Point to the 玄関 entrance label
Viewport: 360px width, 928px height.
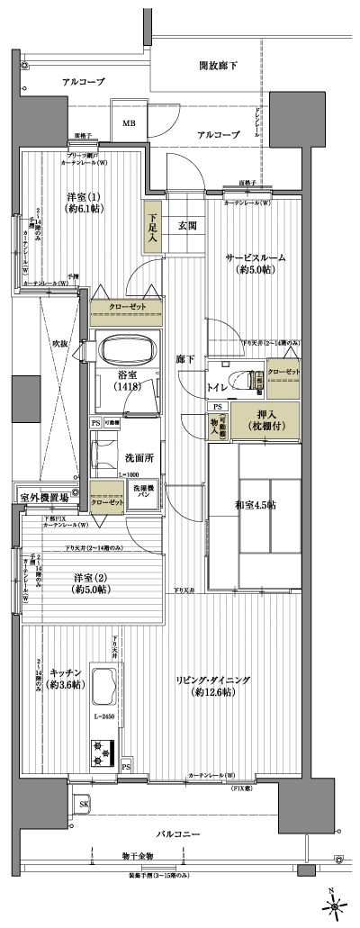tap(187, 225)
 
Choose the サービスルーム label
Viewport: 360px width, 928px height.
tap(255, 263)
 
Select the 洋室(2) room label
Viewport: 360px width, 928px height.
tap(88, 583)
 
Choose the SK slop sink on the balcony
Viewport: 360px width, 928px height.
tap(84, 803)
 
